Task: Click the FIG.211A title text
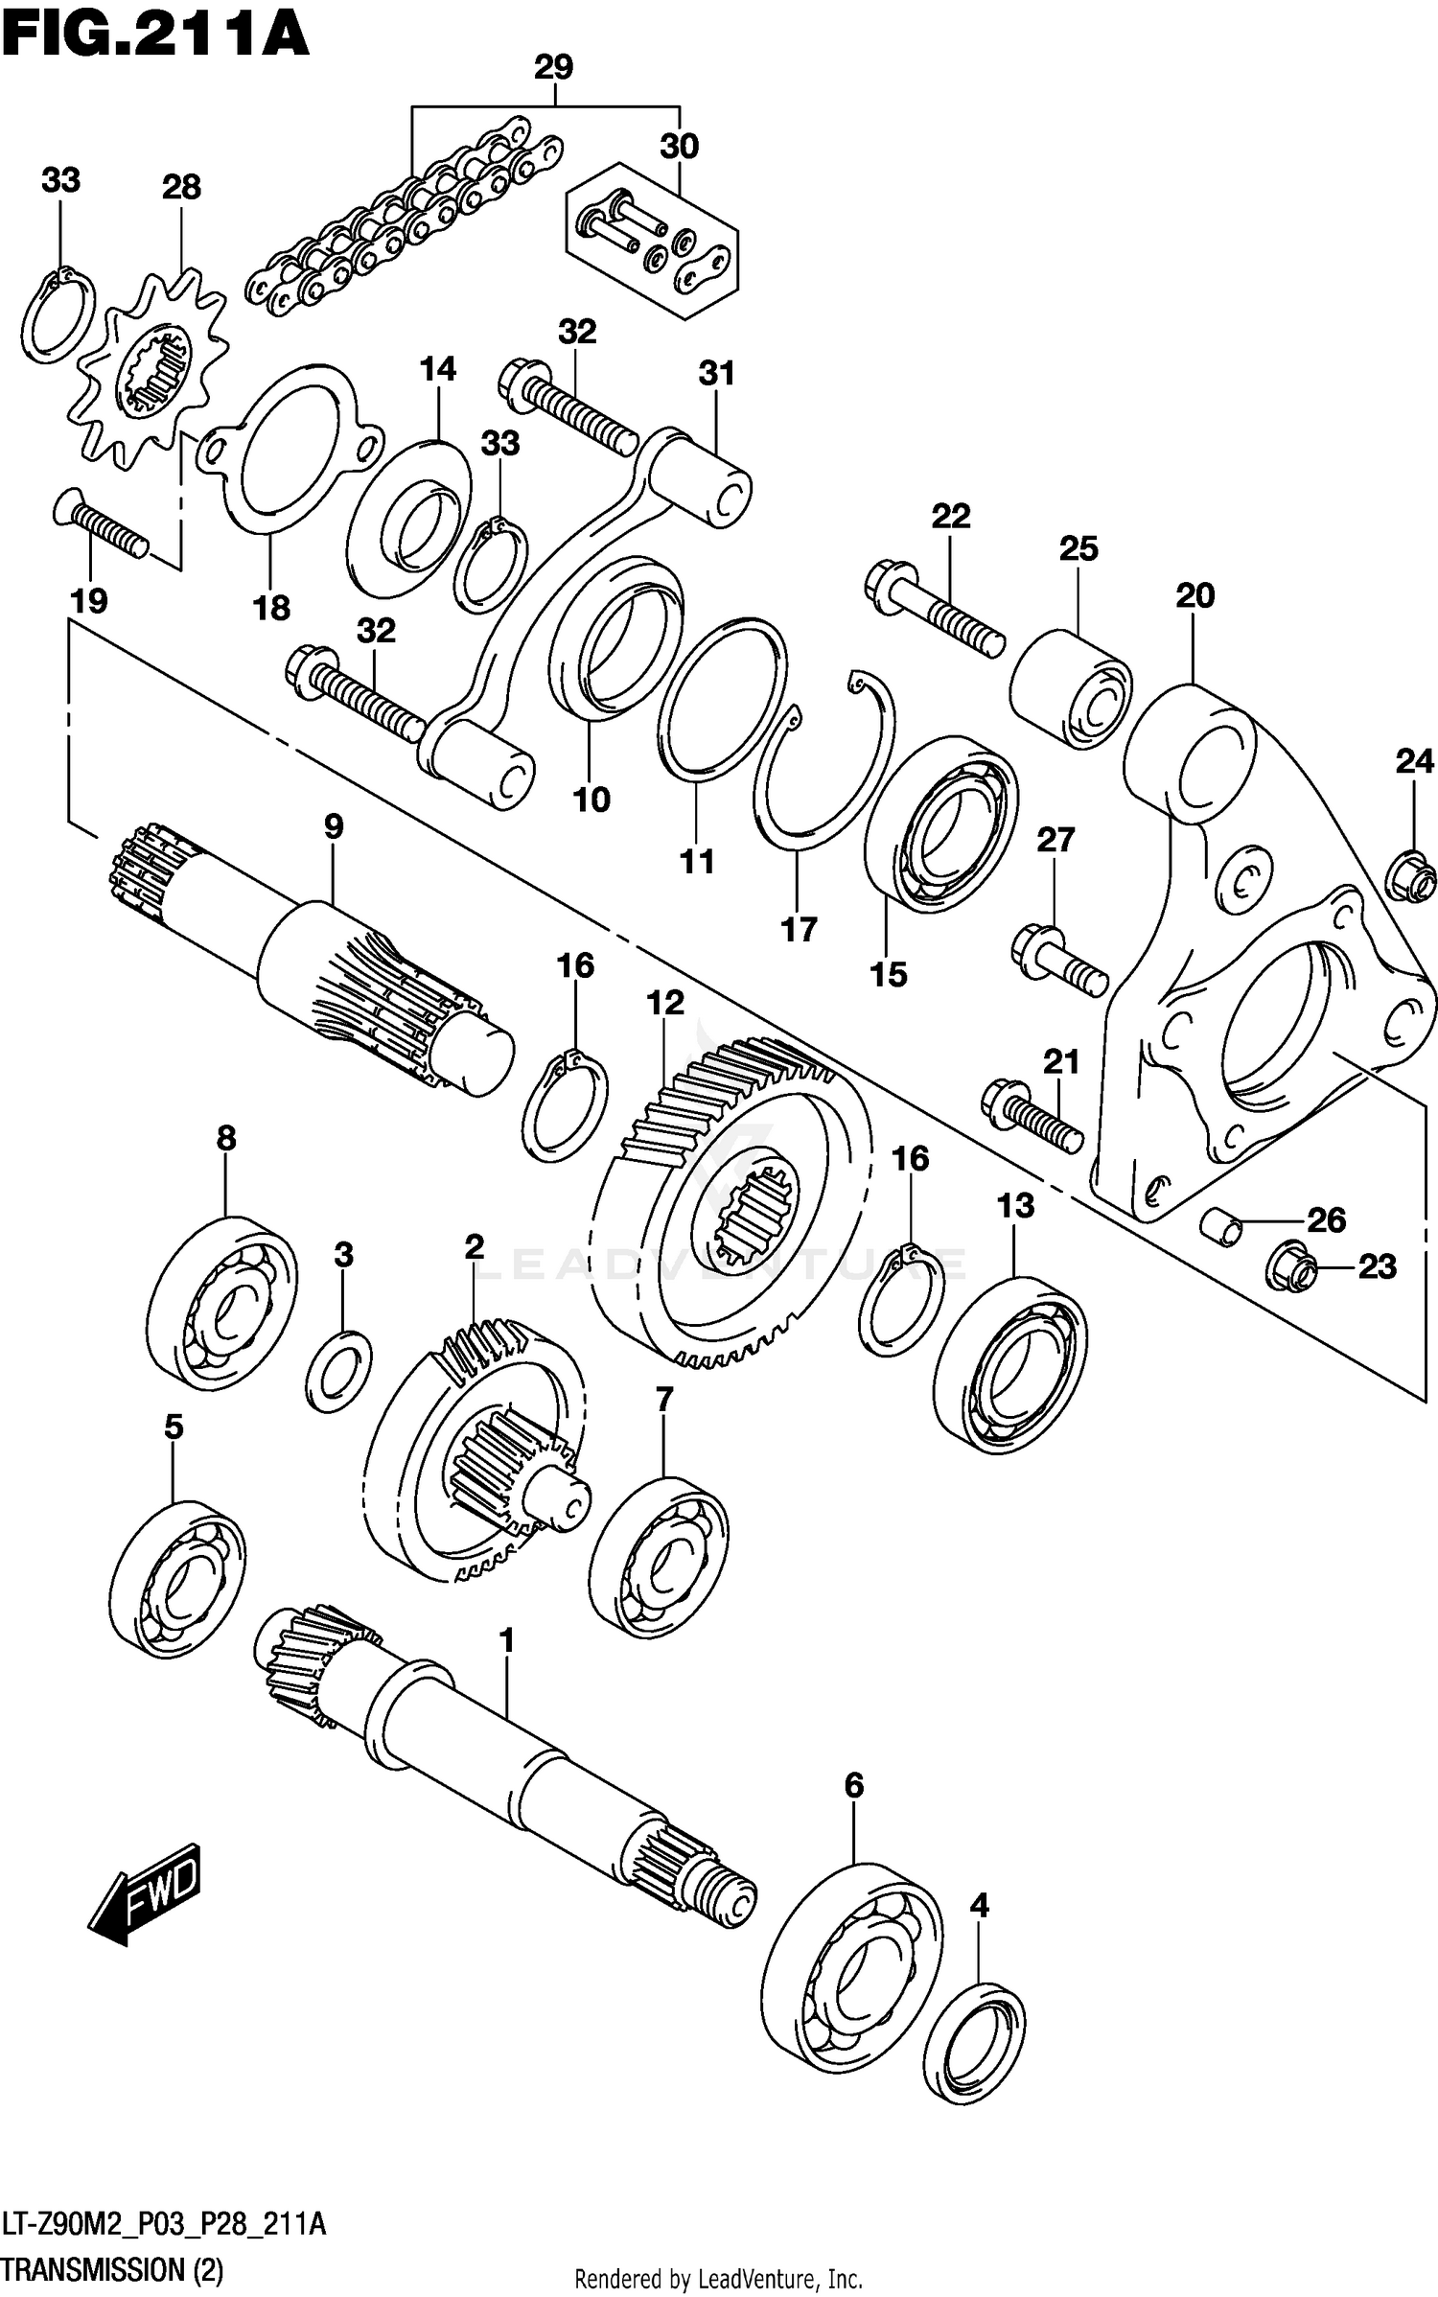point(153,35)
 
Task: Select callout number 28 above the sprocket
point(181,187)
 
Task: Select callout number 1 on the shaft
point(507,1640)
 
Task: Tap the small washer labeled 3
point(339,1371)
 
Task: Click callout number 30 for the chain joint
point(679,147)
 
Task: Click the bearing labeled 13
point(1009,1364)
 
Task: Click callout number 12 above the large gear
point(665,1003)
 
